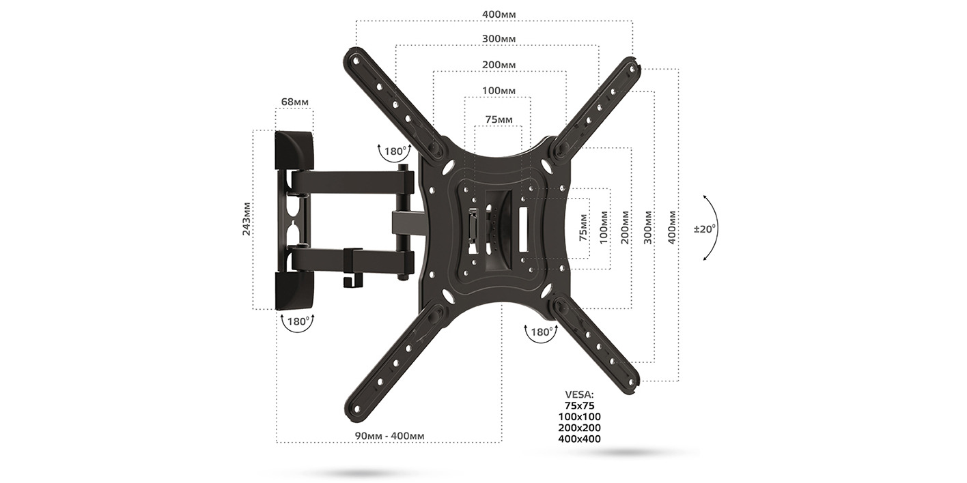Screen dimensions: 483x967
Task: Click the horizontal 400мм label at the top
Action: click(x=499, y=14)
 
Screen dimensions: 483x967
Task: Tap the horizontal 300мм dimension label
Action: click(x=499, y=39)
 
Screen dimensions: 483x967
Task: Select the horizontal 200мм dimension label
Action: click(x=499, y=65)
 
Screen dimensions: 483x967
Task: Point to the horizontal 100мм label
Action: click(x=499, y=91)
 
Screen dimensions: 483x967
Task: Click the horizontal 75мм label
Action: click(x=499, y=119)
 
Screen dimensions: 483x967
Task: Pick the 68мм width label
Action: click(x=295, y=102)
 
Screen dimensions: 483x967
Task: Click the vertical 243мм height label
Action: click(x=247, y=219)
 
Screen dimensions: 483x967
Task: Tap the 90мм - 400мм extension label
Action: click(x=390, y=436)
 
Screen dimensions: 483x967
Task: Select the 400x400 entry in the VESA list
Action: click(x=579, y=439)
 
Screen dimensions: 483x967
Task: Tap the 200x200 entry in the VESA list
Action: click(x=579, y=428)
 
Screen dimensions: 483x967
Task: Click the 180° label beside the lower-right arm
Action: click(x=541, y=333)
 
